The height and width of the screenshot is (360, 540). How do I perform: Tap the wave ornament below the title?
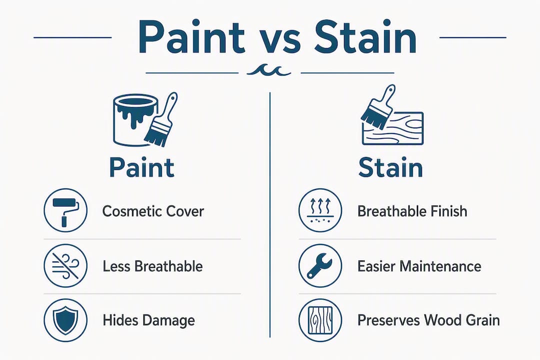click(x=269, y=70)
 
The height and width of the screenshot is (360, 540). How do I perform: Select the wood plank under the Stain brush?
click(x=393, y=128)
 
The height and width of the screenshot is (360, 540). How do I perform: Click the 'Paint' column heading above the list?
click(x=141, y=168)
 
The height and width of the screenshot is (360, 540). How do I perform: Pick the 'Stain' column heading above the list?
click(x=390, y=168)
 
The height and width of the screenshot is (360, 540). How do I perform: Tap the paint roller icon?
click(x=65, y=210)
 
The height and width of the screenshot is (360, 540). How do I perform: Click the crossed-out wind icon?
click(x=65, y=265)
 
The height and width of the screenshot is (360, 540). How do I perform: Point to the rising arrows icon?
click(x=320, y=210)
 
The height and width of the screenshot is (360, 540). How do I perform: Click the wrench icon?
click(x=320, y=265)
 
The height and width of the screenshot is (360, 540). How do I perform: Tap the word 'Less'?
click(x=116, y=266)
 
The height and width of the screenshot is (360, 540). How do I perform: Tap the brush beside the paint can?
click(x=161, y=119)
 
